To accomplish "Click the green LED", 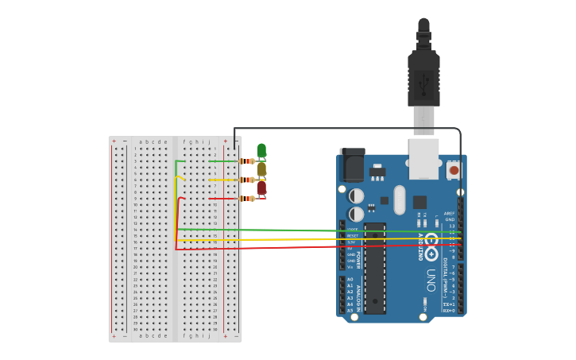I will point(261,150).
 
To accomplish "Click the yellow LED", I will point(261,169).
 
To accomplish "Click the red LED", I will point(261,188).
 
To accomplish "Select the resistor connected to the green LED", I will point(248,161).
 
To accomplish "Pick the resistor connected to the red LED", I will point(248,199).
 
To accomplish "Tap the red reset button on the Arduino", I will point(454,169).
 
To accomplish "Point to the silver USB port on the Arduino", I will point(423,158).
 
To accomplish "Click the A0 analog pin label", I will point(350,279).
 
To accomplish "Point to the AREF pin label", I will point(449,213).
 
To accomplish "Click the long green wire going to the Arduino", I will point(318,231).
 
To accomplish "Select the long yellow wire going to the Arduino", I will point(318,239).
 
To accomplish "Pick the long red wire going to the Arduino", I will point(318,247).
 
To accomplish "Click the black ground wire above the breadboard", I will point(350,128).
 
